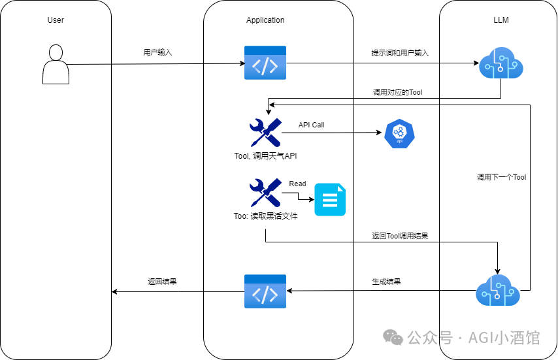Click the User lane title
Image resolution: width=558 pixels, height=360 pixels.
[56, 20]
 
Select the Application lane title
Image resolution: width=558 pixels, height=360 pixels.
[265, 20]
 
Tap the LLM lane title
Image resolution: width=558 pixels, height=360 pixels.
[501, 20]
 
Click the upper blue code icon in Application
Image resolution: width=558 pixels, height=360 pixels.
[265, 63]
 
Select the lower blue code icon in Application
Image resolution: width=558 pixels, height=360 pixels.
[265, 291]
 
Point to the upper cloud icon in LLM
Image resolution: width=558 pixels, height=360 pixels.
[501, 64]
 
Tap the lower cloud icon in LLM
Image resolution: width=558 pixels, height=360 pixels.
[498, 290]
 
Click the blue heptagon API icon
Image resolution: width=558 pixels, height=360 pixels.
[397, 134]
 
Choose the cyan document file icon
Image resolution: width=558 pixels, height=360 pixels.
[331, 199]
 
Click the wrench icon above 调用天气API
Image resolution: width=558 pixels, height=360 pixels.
[265, 132]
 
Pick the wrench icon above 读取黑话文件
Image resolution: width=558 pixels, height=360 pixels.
[265, 193]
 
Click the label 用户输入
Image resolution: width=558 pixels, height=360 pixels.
[157, 52]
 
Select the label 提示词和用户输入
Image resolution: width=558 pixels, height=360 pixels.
[400, 53]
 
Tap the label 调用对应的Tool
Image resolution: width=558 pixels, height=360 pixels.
[397, 93]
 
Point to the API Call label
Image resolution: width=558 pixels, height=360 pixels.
[311, 125]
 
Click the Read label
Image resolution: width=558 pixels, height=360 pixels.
[297, 184]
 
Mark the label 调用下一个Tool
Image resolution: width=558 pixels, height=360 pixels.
[501, 177]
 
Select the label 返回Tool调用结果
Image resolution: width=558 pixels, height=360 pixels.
[400, 235]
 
